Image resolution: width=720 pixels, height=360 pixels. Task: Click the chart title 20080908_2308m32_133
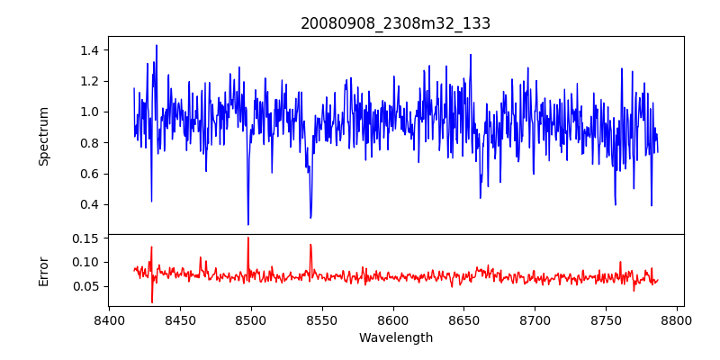[x=396, y=23]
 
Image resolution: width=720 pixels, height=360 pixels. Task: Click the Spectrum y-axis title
[x=43, y=136]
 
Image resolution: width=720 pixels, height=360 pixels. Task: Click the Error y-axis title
[x=43, y=270]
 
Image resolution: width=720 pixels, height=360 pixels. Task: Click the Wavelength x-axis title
[x=396, y=338]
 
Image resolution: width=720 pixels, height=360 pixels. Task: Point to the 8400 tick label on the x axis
[x=109, y=319]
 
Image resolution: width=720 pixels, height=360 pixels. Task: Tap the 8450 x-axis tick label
[x=180, y=319]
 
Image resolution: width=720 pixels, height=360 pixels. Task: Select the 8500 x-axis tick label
[x=251, y=319]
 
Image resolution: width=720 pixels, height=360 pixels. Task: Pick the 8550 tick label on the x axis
[x=322, y=319]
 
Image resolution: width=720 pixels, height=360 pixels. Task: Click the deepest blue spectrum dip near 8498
[x=248, y=224]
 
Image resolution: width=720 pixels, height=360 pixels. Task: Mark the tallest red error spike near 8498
[x=248, y=238]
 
